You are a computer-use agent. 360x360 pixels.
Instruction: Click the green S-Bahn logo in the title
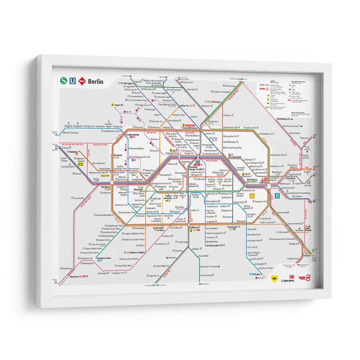pos(63,81)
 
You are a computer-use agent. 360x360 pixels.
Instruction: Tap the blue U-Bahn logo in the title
pos(72,81)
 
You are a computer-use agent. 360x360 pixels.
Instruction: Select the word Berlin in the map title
pos(95,82)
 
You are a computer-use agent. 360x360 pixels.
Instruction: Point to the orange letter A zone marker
pos(252,196)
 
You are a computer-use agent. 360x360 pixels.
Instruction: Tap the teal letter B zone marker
pos(278,196)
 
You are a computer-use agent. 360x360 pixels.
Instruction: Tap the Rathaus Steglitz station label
pos(134,252)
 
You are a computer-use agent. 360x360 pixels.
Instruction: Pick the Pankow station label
pos(217,102)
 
